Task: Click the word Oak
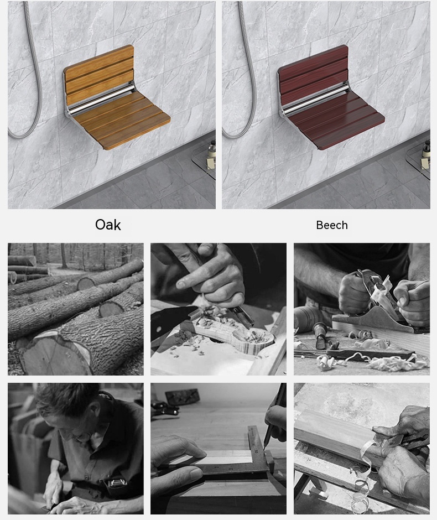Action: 108,225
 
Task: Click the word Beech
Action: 332,225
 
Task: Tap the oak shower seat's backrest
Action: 100,74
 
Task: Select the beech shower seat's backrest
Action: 313,74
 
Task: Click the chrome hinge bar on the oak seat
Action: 101,100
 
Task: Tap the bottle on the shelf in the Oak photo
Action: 211,153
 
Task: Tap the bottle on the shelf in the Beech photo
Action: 425,153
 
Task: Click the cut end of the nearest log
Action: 55,354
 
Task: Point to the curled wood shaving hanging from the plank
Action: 362,477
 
